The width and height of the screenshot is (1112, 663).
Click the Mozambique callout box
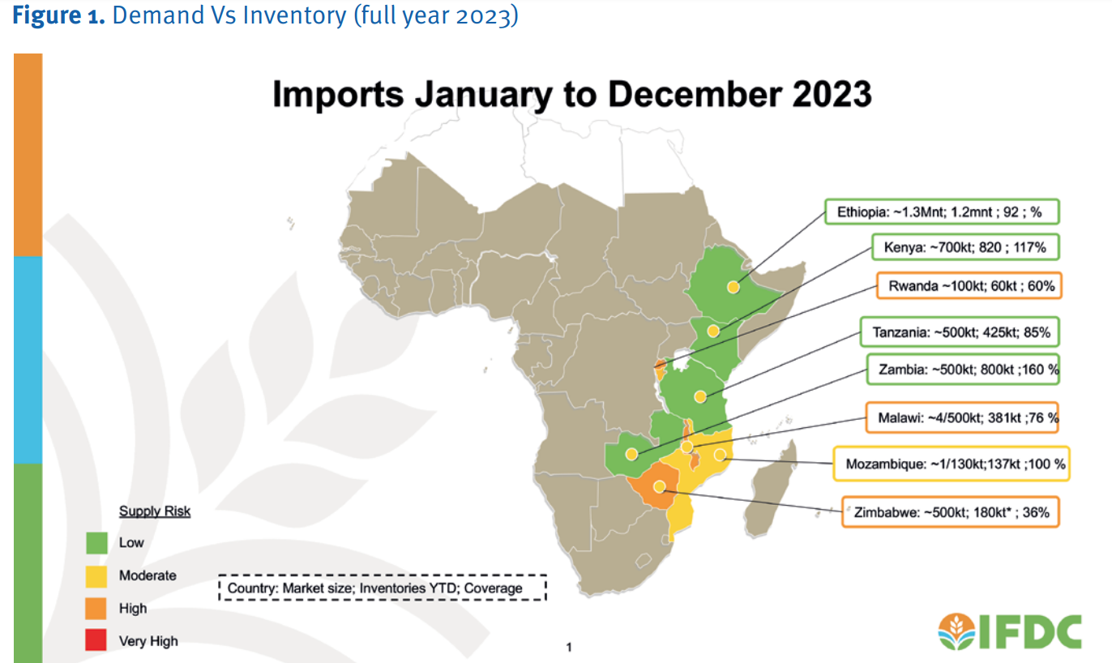pos(952,464)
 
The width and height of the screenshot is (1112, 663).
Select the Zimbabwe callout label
pos(950,512)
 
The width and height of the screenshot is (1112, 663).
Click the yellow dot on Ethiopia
pos(733,287)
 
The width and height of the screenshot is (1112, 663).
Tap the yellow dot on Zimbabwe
pos(660,487)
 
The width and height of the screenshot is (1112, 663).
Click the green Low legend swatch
pos(96,542)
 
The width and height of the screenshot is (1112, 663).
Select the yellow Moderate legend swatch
pos(96,575)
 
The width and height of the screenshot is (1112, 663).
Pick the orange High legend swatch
pos(96,608)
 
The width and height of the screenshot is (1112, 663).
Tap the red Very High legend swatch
pos(96,641)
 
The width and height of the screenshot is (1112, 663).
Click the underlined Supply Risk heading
pos(155,511)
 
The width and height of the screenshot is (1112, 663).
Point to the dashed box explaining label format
pos(383,588)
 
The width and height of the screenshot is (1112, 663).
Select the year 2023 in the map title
pos(827,95)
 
